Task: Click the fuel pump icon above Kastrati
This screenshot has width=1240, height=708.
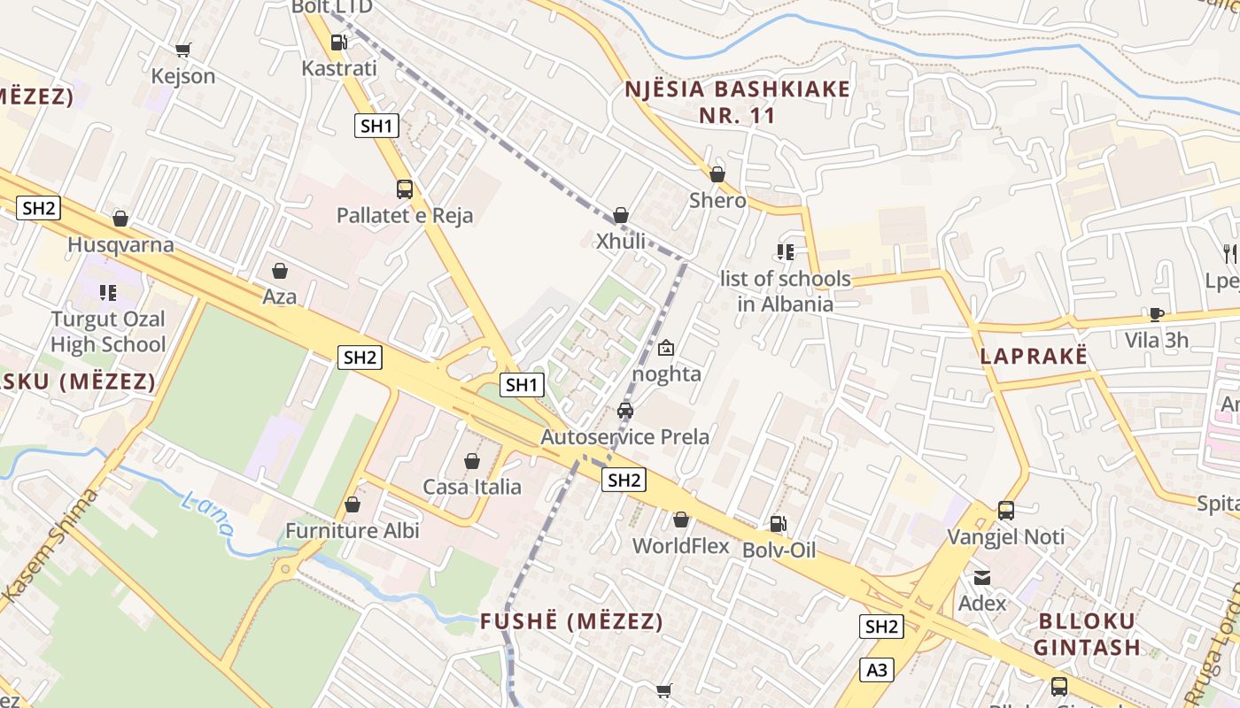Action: click(x=337, y=42)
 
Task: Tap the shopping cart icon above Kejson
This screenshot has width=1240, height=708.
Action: click(x=182, y=50)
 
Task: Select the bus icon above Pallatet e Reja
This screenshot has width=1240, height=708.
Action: click(x=405, y=189)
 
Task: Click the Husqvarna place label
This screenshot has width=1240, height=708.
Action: click(x=121, y=244)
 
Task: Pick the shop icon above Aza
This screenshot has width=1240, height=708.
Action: click(x=280, y=271)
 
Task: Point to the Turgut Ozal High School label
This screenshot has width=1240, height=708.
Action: click(x=108, y=332)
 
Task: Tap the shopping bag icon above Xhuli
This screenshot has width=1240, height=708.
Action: click(x=621, y=215)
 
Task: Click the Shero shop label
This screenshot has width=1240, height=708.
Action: click(x=717, y=201)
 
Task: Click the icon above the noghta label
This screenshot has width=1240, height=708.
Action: click(x=666, y=348)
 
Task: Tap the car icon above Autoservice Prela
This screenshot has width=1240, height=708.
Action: click(x=625, y=411)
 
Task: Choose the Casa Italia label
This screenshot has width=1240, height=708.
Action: click(x=472, y=487)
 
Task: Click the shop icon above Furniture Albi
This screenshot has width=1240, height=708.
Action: click(x=353, y=505)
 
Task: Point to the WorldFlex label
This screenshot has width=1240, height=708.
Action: click(x=680, y=546)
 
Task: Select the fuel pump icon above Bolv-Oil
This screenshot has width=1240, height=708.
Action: click(x=778, y=524)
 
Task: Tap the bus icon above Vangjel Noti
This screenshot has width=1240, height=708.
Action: click(x=1006, y=511)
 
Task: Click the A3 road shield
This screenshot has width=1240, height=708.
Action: click(x=877, y=670)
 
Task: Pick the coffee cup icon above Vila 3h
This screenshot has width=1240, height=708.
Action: click(x=1156, y=314)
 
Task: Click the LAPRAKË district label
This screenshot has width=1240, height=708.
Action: click(x=1033, y=357)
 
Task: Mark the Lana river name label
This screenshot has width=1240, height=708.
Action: click(x=207, y=514)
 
